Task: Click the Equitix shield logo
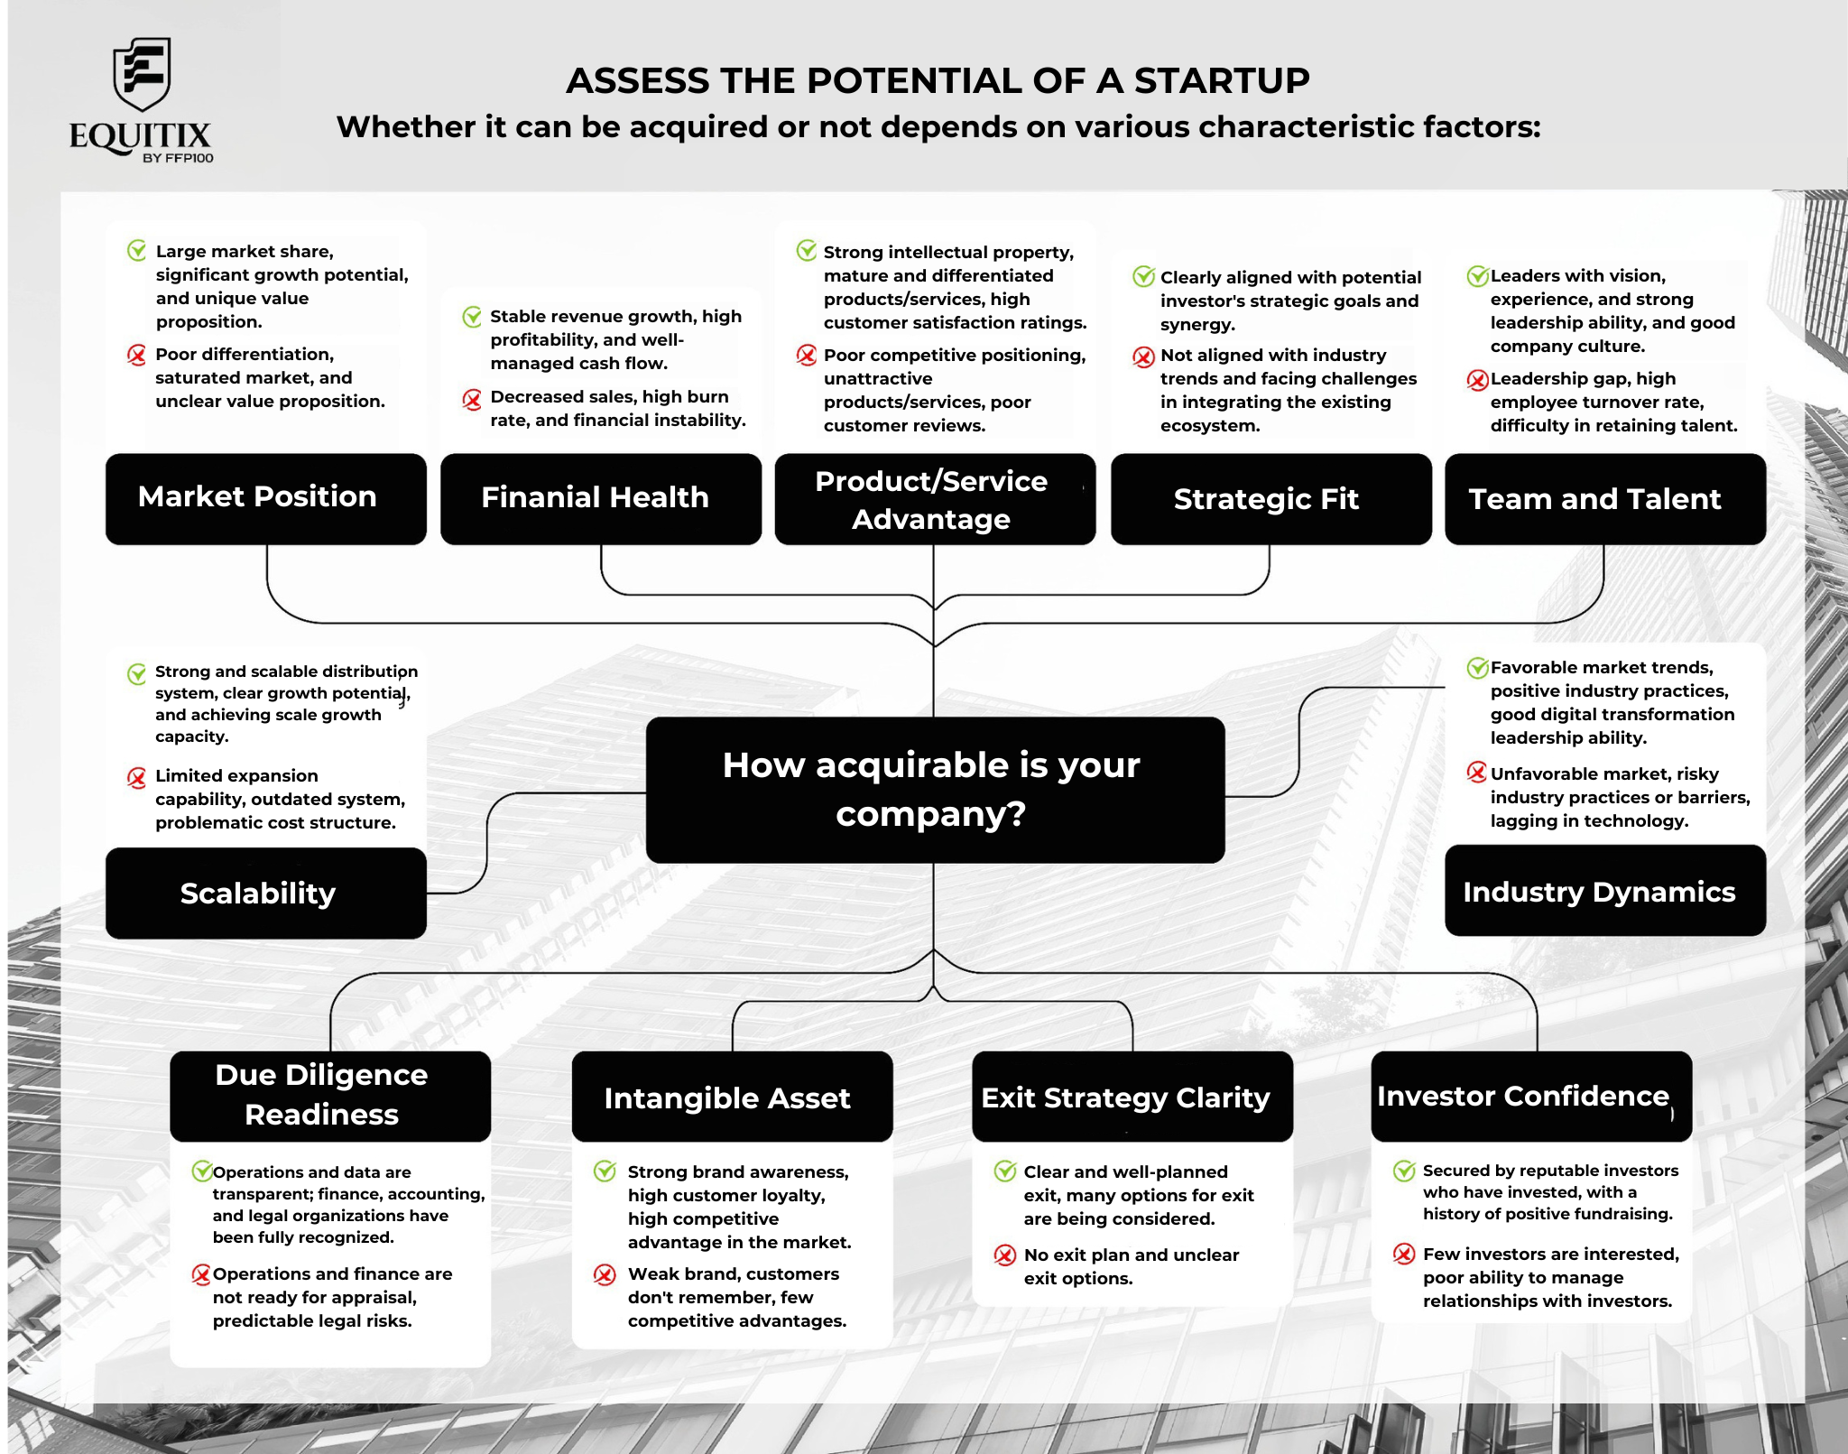142,75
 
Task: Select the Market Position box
266,498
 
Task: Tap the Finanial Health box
601,498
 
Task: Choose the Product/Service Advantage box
935,498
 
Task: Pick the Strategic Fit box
1270,498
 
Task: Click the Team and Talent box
1605,498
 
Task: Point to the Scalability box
266,893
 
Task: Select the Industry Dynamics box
1605,890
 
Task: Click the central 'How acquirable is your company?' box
935,790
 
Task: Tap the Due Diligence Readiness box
330,1096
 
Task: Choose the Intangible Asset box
732,1096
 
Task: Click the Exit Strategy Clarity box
1132,1096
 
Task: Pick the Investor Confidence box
1531,1096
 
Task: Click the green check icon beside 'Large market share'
137,250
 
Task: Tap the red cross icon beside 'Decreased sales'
472,398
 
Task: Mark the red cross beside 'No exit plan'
1004,1255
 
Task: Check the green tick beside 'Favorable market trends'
1477,668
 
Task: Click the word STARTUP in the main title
1222,81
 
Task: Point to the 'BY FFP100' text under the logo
178,158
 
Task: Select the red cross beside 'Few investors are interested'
1404,1254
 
